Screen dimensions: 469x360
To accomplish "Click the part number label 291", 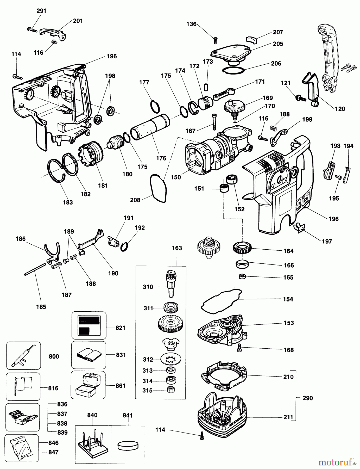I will pos(41,11).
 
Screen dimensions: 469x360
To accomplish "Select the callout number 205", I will pos(278,44).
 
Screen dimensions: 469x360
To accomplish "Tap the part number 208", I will pos(135,200).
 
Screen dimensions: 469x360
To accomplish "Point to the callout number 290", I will pos(307,398).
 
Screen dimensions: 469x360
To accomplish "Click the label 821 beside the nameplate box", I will pos(121,328).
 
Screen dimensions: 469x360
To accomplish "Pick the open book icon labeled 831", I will pos(89,355).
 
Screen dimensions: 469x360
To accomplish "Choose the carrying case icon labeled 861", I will pos(88,385).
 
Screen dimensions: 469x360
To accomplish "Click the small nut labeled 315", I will pos(170,390).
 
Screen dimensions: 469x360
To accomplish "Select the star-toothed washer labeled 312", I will pos(171,359).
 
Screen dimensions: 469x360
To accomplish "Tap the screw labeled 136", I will pos(215,40).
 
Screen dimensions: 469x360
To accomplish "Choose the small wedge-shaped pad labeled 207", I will pos(251,40).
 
